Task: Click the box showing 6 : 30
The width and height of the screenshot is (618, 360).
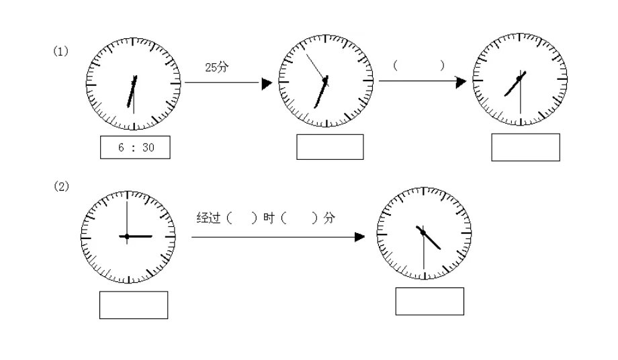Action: pyautogui.click(x=135, y=147)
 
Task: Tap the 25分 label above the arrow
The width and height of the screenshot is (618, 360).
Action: pyautogui.click(x=216, y=67)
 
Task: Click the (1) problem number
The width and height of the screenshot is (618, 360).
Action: pyautogui.click(x=60, y=51)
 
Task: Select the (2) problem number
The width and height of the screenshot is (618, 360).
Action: pyautogui.click(x=61, y=186)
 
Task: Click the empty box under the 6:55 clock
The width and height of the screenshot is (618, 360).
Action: pyautogui.click(x=330, y=147)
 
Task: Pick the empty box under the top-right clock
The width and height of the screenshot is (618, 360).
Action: pyautogui.click(x=525, y=147)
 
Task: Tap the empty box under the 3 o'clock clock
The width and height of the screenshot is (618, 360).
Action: pyautogui.click(x=134, y=305)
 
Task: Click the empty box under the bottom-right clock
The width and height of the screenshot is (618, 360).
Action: pyautogui.click(x=430, y=302)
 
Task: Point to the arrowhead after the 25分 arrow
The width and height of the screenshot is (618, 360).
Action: pyautogui.click(x=267, y=83)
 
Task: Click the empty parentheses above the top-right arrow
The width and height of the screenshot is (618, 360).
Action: pyautogui.click(x=418, y=65)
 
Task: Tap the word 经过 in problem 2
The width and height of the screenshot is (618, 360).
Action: pyautogui.click(x=208, y=218)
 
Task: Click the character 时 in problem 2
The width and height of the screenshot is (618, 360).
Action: pyautogui.click(x=269, y=218)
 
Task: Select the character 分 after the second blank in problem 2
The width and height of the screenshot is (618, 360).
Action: pyautogui.click(x=329, y=218)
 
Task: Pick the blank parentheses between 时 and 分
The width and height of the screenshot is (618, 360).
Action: pyautogui.click(x=299, y=218)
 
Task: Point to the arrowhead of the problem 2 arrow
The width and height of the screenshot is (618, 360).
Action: pyautogui.click(x=359, y=237)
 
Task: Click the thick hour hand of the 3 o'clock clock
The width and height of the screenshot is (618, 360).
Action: pyautogui.click(x=136, y=236)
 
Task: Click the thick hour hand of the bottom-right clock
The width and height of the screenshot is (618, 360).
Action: pyautogui.click(x=429, y=238)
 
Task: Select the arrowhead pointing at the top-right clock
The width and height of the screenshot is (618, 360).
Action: pyautogui.click(x=461, y=83)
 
